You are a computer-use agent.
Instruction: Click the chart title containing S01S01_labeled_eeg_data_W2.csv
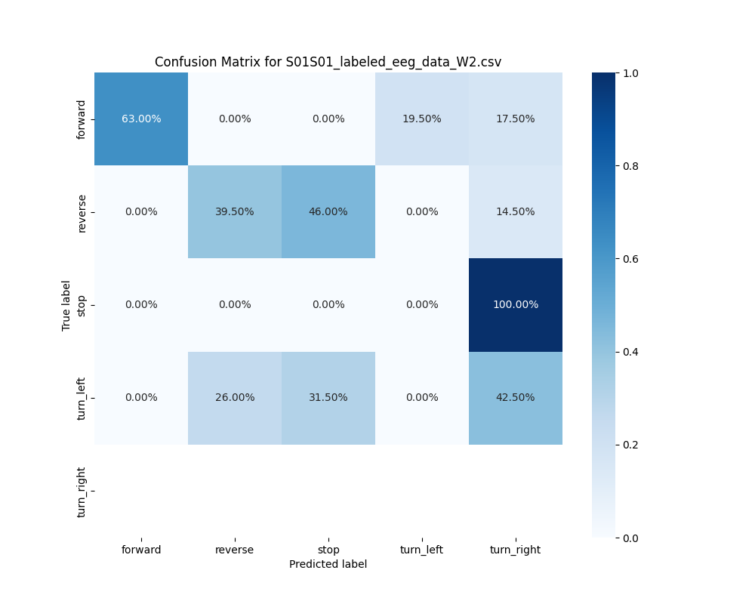click(x=328, y=62)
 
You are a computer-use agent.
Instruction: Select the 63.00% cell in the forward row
click(x=141, y=119)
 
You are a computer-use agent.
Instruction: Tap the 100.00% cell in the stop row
click(x=515, y=305)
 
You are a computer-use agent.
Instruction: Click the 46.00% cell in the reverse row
click(x=328, y=212)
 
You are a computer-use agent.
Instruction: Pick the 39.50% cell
click(x=235, y=212)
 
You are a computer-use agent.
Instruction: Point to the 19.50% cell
click(x=421, y=119)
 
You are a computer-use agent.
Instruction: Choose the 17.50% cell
click(x=515, y=119)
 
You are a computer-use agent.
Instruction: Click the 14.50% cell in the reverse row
click(x=515, y=212)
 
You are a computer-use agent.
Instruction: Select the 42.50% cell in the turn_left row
click(x=515, y=398)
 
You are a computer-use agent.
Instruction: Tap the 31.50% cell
click(x=328, y=398)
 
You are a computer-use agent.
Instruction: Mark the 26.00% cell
click(x=235, y=398)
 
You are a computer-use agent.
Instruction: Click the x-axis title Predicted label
click(x=328, y=565)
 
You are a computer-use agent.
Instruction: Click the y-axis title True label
click(x=66, y=305)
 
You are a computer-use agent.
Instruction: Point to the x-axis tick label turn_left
click(x=421, y=550)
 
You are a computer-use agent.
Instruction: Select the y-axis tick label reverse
click(x=82, y=212)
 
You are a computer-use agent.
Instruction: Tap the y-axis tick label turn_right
click(x=82, y=492)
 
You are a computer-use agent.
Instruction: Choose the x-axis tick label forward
click(x=141, y=550)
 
